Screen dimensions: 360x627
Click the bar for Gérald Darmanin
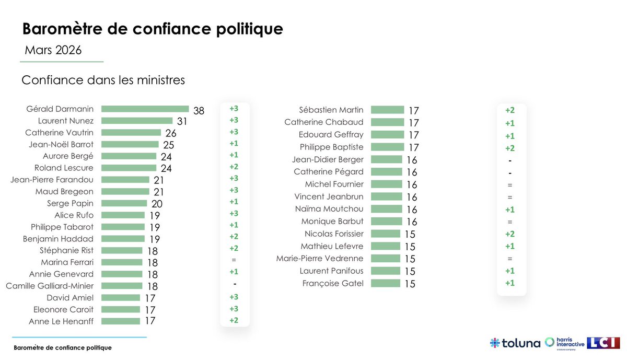click(145, 109)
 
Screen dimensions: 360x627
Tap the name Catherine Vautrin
click(59, 132)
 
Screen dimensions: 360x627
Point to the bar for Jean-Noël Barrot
click(130, 144)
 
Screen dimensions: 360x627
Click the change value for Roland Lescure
click(234, 167)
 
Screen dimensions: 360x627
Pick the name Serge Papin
click(70, 203)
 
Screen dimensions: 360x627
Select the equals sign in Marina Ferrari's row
click(234, 260)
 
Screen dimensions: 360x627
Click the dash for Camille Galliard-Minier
click(235, 283)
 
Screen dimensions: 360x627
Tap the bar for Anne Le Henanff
click(121, 321)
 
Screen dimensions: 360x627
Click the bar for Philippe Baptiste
click(387, 147)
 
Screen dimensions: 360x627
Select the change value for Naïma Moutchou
click(510, 210)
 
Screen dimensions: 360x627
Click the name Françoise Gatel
click(333, 283)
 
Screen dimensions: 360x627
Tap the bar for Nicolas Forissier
click(385, 234)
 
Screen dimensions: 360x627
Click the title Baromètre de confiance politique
click(152, 28)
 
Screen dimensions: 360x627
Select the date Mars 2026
click(53, 50)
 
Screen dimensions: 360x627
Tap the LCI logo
click(603, 343)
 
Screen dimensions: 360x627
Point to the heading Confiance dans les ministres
click(103, 80)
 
